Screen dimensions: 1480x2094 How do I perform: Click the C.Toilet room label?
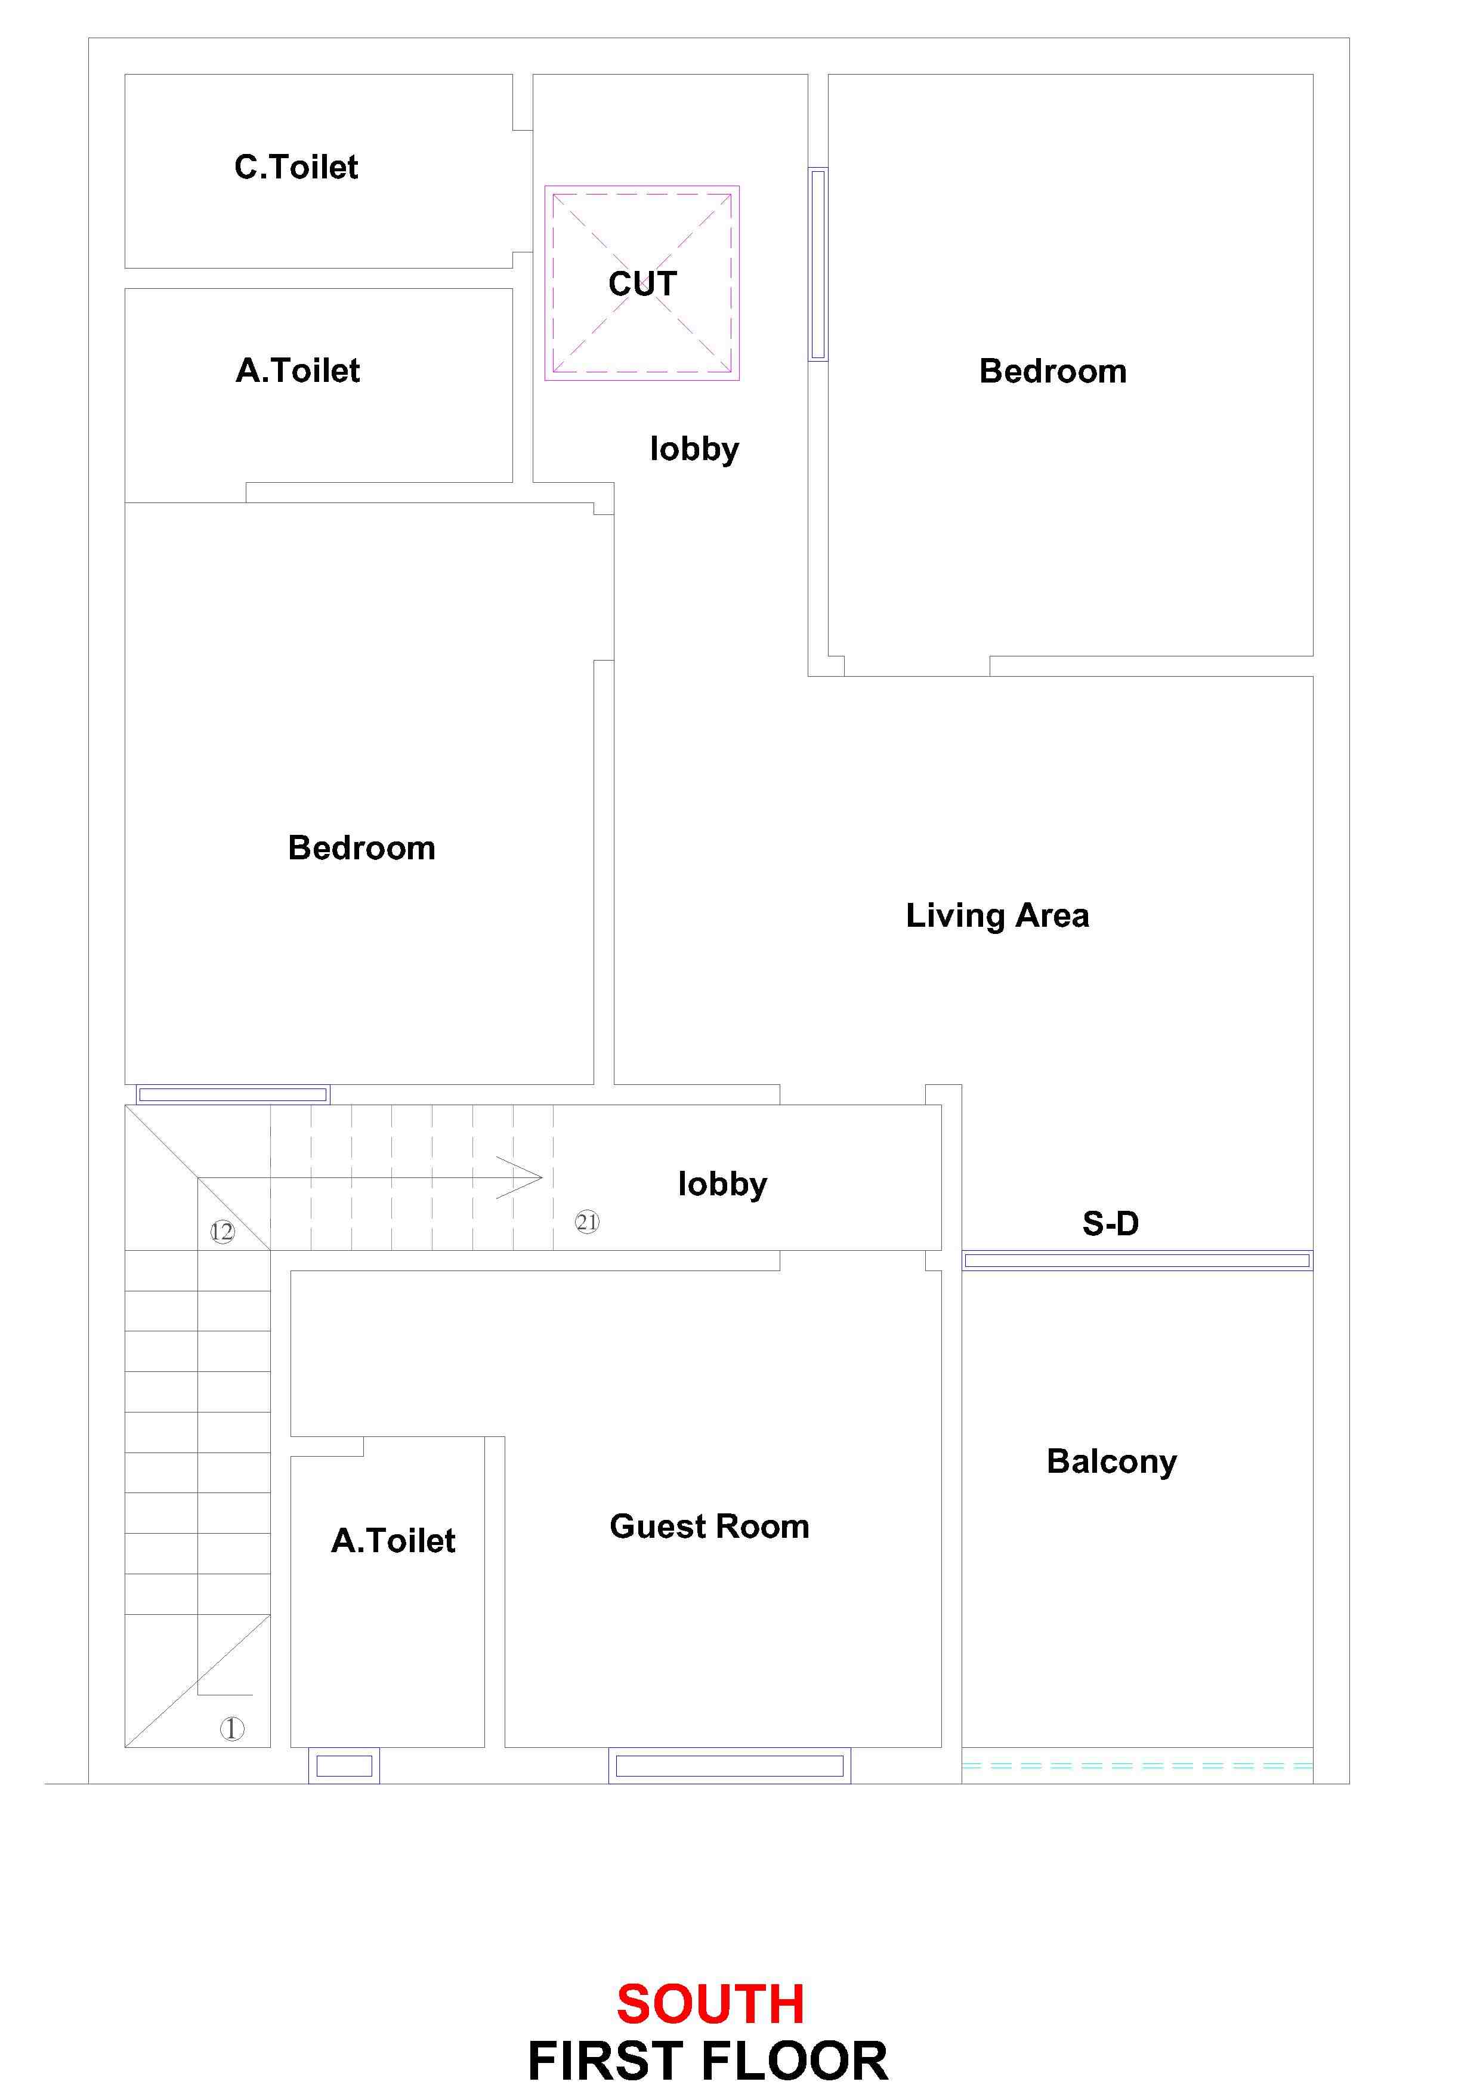(x=296, y=167)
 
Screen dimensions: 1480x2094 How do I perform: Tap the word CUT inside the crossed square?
(x=643, y=283)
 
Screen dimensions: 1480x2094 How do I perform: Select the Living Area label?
(x=997, y=915)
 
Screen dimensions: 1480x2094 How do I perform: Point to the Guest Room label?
(x=709, y=1526)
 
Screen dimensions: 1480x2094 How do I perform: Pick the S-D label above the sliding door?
(x=1111, y=1223)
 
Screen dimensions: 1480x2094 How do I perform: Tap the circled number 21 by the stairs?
(x=587, y=1222)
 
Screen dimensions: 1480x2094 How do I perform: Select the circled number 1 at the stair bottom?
(x=231, y=1728)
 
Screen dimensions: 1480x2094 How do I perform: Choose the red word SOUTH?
(x=710, y=2004)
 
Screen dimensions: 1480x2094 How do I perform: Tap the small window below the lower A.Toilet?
(x=344, y=1766)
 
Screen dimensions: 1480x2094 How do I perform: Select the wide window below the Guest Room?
(x=730, y=1766)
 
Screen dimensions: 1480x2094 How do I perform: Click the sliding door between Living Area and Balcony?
(x=1137, y=1260)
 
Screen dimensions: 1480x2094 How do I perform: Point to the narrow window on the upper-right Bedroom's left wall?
(x=818, y=264)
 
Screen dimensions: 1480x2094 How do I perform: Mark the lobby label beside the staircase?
(x=722, y=1184)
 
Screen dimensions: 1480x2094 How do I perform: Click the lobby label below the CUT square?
(x=695, y=449)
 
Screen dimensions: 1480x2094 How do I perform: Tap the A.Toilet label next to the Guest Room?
(x=393, y=1540)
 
